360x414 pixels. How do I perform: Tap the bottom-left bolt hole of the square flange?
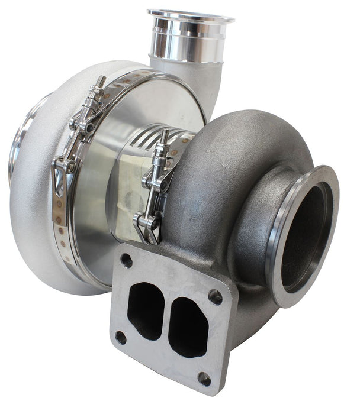(x=121, y=338)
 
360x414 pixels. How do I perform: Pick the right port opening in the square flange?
(x=188, y=327)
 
